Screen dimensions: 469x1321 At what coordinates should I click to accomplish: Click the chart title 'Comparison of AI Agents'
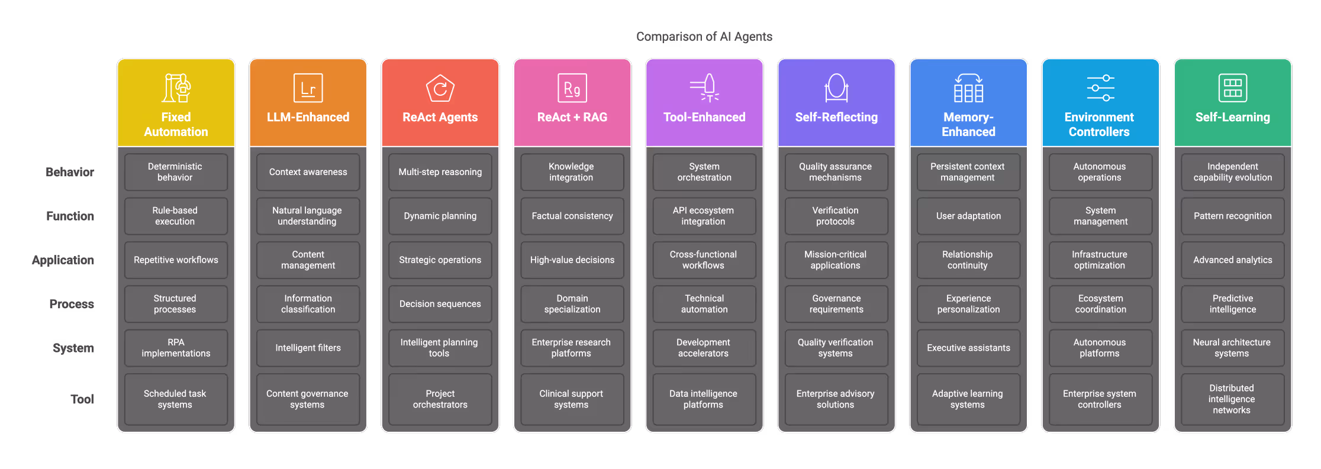click(x=704, y=37)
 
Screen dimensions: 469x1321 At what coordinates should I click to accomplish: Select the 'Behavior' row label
click(x=70, y=172)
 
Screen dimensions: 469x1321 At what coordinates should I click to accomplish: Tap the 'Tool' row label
click(x=82, y=399)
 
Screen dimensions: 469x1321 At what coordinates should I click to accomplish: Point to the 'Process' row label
click(x=72, y=304)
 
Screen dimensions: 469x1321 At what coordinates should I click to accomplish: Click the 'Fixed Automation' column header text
click(x=176, y=124)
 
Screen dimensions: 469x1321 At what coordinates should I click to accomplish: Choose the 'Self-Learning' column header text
click(x=1232, y=117)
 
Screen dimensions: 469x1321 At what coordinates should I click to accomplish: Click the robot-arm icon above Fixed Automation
click(x=176, y=88)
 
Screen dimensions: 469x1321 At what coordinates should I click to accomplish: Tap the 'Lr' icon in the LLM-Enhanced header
click(x=308, y=88)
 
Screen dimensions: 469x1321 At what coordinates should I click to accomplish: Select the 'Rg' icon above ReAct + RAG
click(x=572, y=88)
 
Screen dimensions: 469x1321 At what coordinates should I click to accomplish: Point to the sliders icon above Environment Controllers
click(x=1100, y=88)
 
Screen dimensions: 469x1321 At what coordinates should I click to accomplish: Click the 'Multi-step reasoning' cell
click(x=440, y=172)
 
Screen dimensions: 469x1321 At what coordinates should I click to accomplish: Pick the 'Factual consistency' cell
click(x=572, y=216)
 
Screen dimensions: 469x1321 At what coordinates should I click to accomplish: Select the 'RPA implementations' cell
click(x=176, y=348)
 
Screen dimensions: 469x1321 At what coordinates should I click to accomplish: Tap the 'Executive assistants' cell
click(x=968, y=348)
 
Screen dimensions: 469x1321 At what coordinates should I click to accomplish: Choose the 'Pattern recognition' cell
click(x=1232, y=216)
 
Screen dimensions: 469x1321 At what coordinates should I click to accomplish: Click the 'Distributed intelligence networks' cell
click(x=1232, y=399)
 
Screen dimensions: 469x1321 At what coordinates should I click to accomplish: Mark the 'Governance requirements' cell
click(x=836, y=304)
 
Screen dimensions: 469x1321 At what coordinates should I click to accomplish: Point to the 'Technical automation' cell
click(x=704, y=304)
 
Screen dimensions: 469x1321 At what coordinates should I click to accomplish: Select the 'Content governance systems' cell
click(x=308, y=399)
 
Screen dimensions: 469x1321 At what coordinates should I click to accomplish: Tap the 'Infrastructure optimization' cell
click(x=1100, y=260)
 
